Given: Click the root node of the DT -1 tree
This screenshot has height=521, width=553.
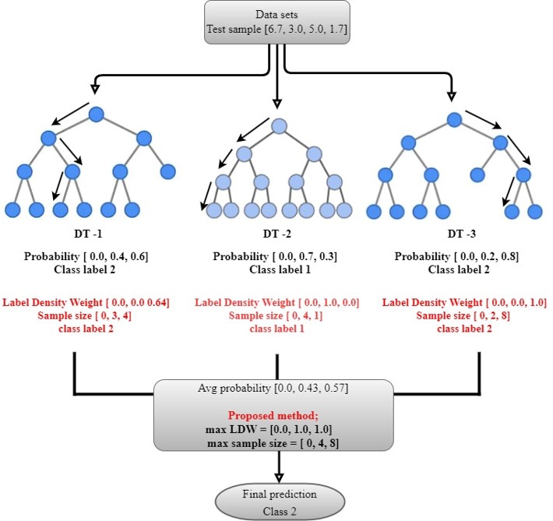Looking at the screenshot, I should [96, 115].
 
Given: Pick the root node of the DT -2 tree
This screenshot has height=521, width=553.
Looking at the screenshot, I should [279, 126].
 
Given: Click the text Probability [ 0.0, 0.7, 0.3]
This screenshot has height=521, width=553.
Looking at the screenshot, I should [276, 256].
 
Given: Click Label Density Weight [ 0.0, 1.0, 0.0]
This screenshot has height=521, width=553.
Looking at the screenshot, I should [276, 303].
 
